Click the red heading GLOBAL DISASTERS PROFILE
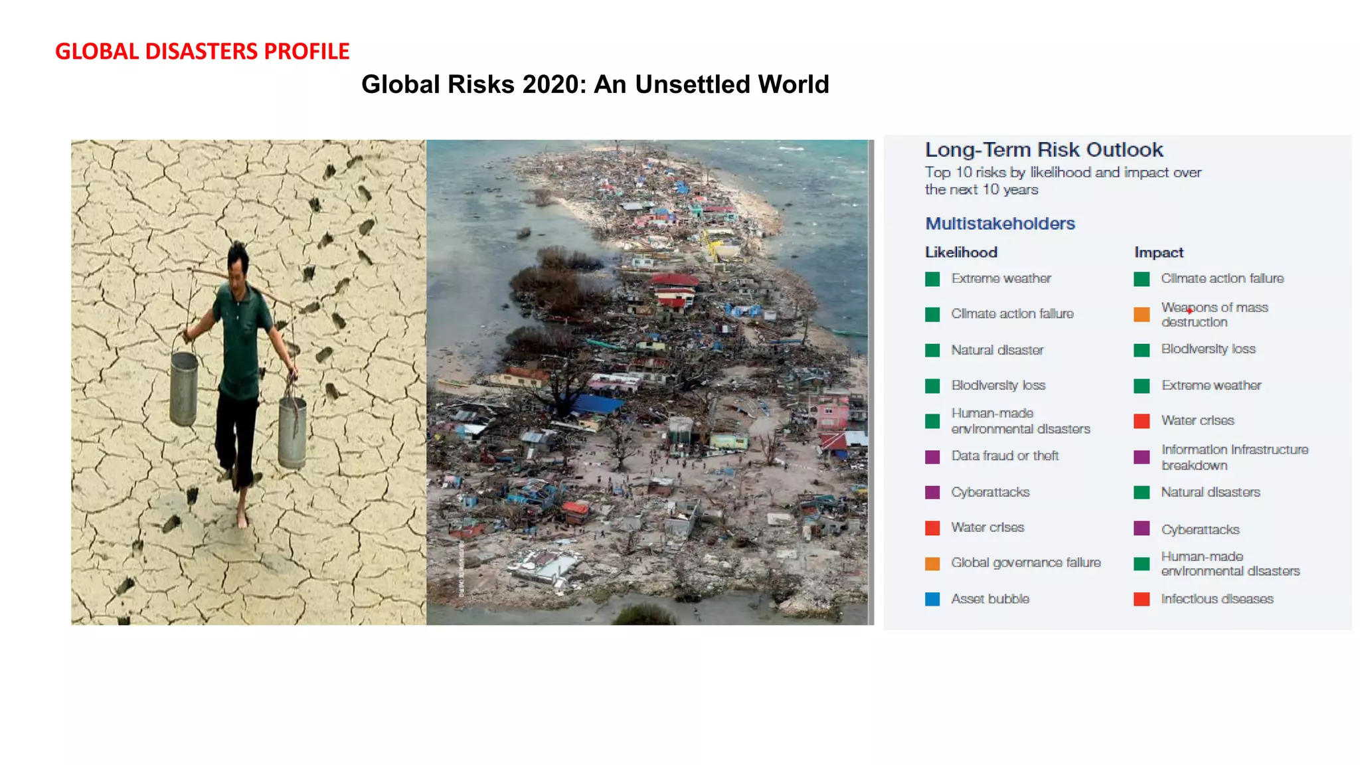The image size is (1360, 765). click(x=202, y=51)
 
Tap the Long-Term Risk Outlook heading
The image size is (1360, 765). click(x=1044, y=149)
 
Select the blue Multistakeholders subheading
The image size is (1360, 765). click(x=1000, y=223)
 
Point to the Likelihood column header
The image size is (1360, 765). click(x=961, y=252)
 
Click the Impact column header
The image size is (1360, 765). click(x=1159, y=252)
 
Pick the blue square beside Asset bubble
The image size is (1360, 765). click(x=932, y=599)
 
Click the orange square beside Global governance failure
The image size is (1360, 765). click(x=932, y=563)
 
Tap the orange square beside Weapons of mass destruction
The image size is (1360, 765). click(x=1142, y=315)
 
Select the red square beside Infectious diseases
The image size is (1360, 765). click(x=1142, y=599)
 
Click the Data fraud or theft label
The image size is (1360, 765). click(x=1005, y=456)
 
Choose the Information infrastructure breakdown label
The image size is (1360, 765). click(x=1234, y=457)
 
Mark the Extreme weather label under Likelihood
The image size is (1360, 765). click(x=1001, y=278)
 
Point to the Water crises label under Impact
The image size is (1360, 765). click(x=1197, y=420)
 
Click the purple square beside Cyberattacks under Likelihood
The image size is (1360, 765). click(x=932, y=492)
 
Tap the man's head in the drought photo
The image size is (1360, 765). click(x=237, y=262)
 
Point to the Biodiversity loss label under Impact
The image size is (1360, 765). click(x=1208, y=349)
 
